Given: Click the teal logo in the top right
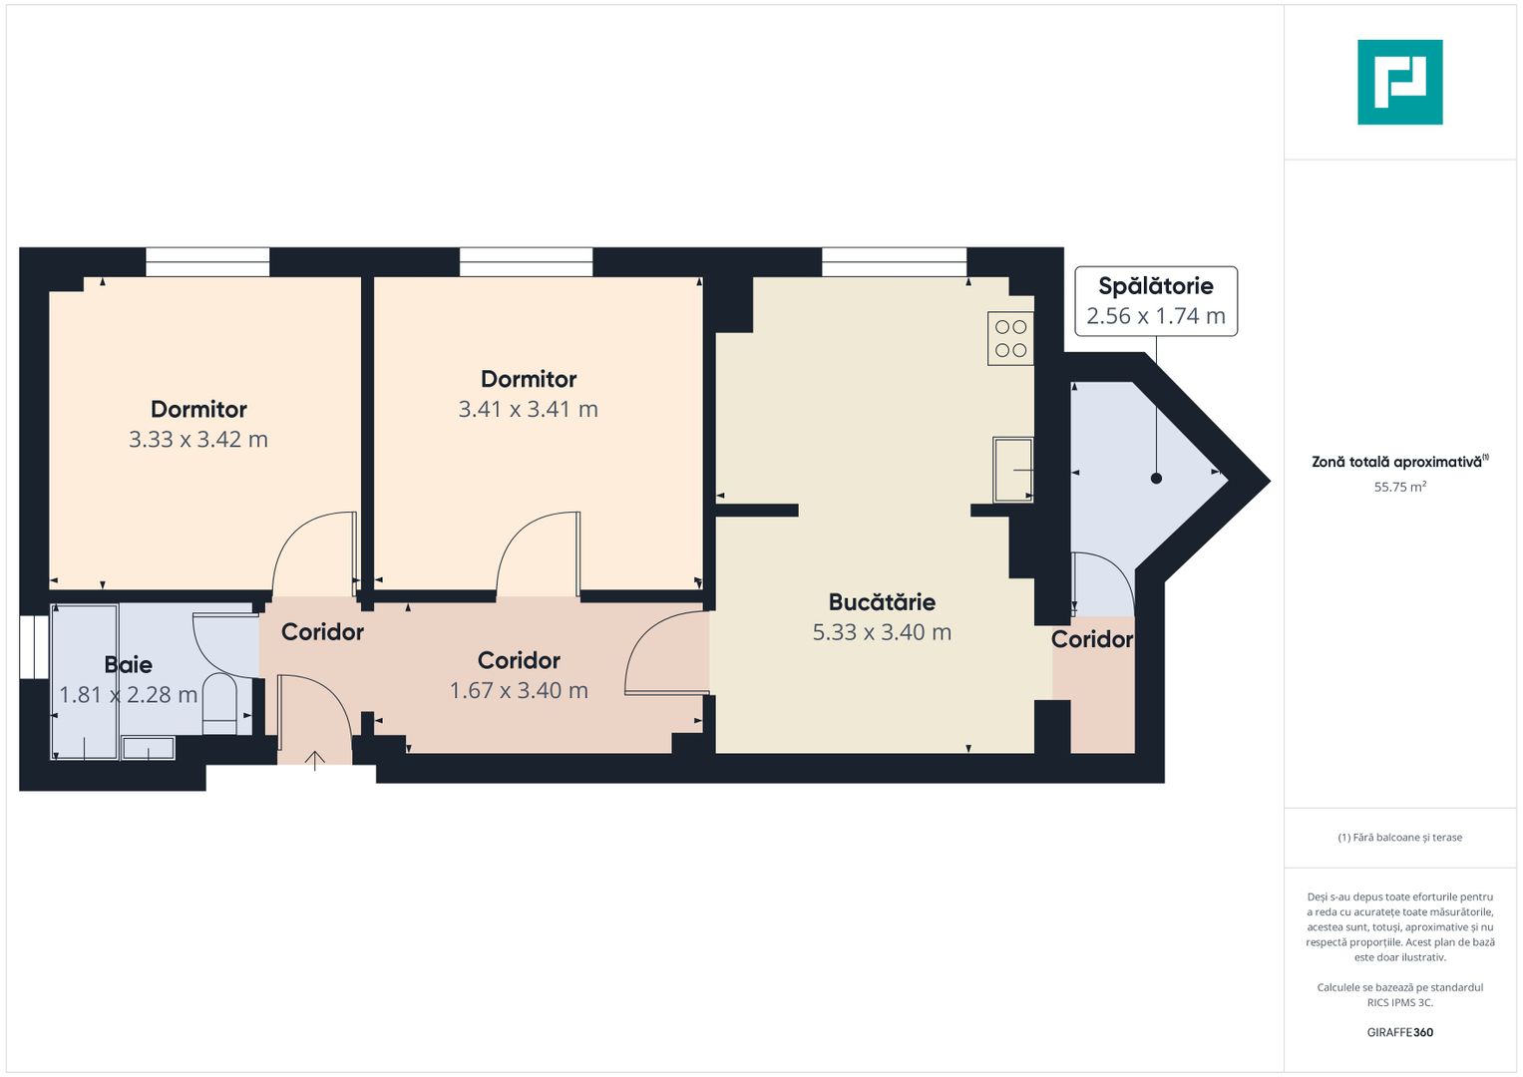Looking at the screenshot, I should (x=1399, y=82).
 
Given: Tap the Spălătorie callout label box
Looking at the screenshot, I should (x=1156, y=301).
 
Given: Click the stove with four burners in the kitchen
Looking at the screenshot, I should (x=1010, y=339).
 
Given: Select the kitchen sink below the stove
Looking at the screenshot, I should (x=1012, y=469).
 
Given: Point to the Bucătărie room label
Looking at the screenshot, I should (x=882, y=602).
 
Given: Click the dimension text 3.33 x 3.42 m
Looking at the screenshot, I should (x=198, y=440).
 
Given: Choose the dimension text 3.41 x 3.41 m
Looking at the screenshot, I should (x=528, y=409).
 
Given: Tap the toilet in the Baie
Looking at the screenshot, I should (x=219, y=703).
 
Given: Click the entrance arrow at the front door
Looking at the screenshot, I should (x=315, y=761).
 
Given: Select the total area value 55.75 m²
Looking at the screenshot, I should (x=1399, y=488).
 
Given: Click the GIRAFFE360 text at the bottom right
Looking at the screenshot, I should (x=1399, y=1032).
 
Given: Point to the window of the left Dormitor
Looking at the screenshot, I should (x=207, y=262).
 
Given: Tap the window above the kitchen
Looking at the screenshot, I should (x=894, y=262).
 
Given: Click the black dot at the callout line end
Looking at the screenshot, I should (x=1156, y=479).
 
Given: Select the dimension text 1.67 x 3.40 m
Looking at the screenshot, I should (x=519, y=690).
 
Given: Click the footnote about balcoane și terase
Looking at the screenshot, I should (x=1399, y=838).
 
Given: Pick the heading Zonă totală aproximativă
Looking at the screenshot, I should (x=1398, y=462).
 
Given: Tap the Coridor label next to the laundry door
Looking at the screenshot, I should (x=1092, y=639).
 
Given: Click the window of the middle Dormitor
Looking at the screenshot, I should (x=526, y=262).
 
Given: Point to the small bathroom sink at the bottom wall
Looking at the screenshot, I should (x=148, y=747).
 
